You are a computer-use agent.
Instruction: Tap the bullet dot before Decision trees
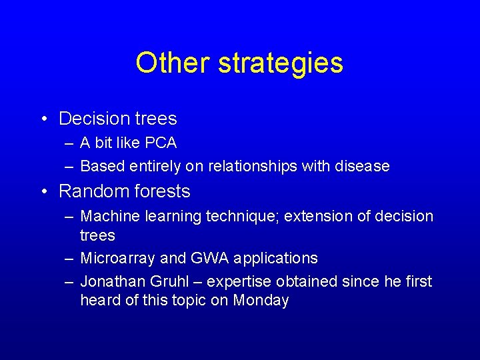(x=43, y=119)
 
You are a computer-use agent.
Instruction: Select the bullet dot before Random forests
(x=43, y=192)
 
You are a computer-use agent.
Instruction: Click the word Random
(x=89, y=191)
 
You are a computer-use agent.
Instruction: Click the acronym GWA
(x=205, y=258)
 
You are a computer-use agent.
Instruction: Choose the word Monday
(x=261, y=301)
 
